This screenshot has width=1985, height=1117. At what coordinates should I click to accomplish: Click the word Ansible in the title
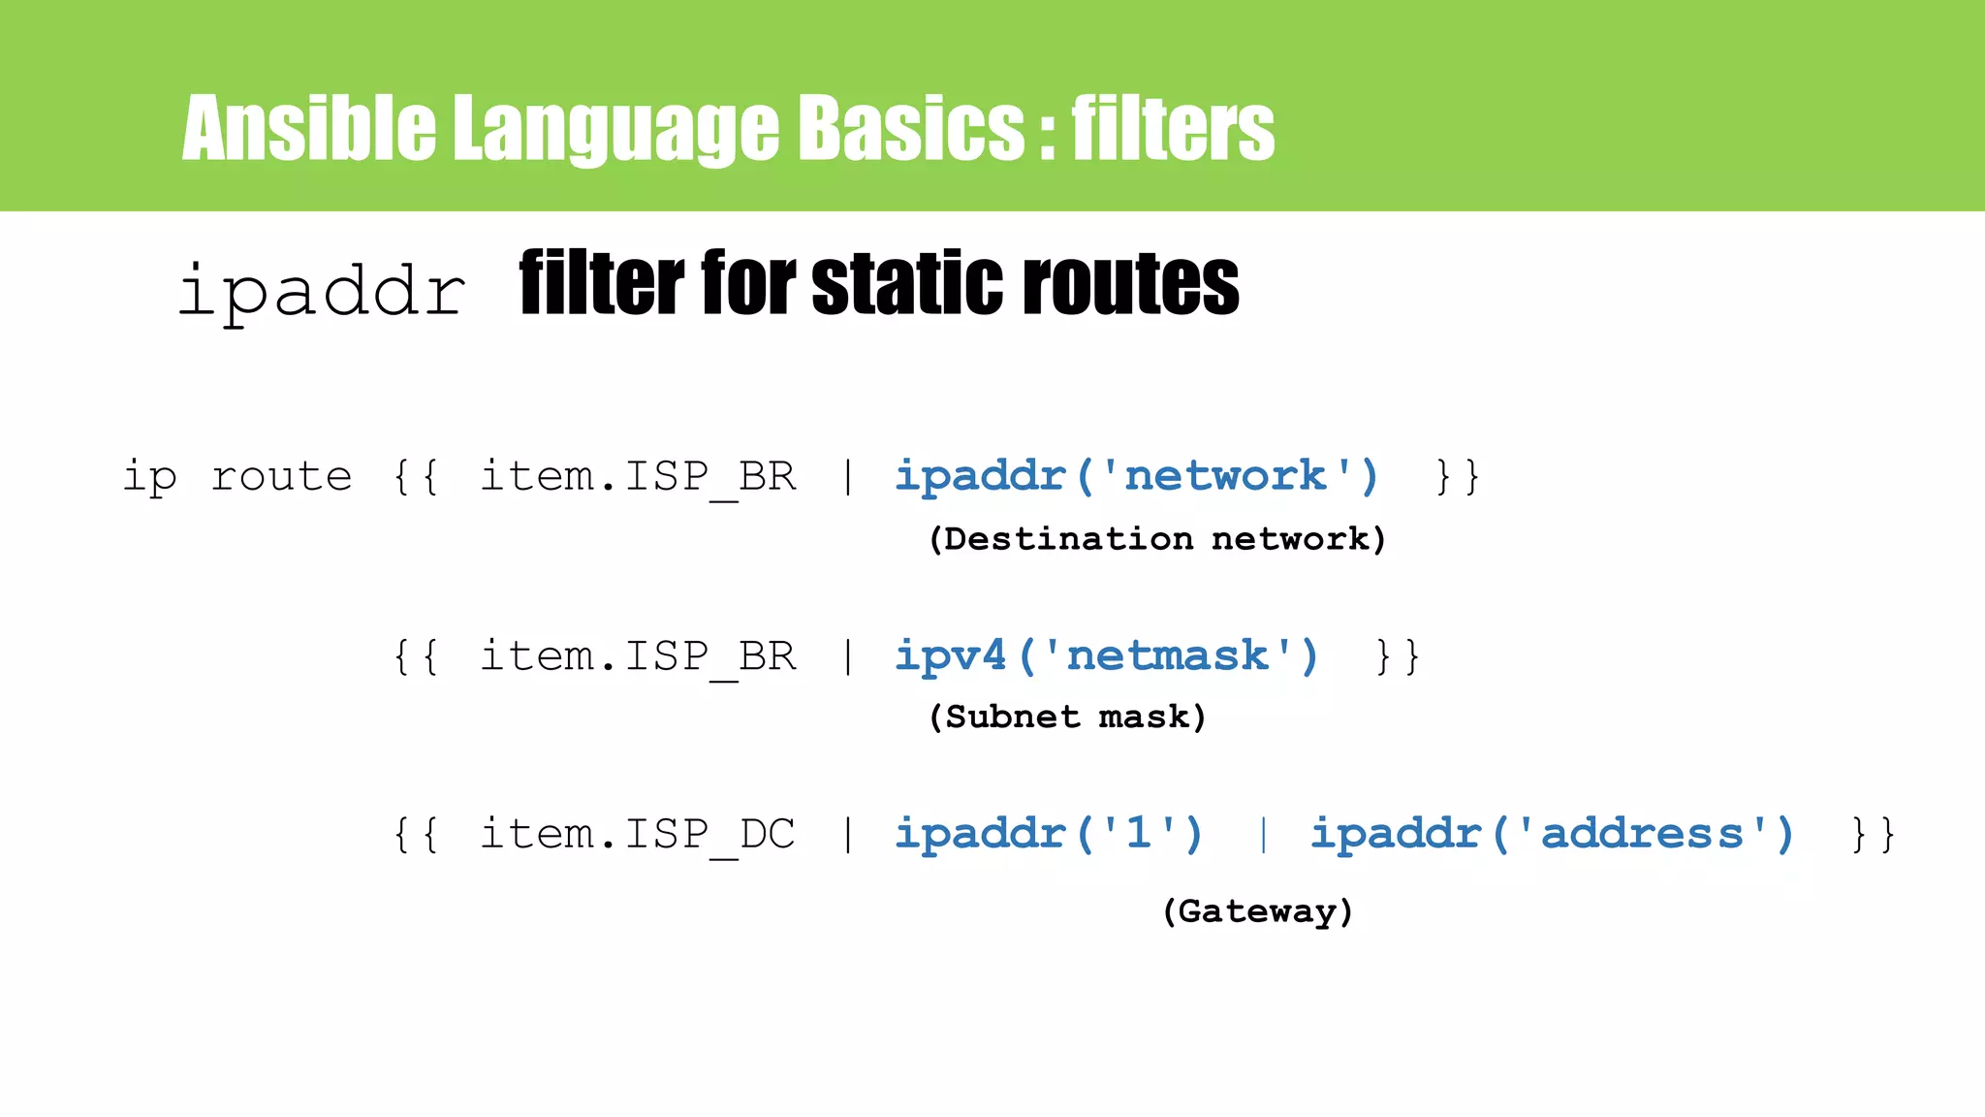tap(308, 128)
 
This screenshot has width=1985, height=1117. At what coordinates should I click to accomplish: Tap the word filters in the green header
tap(1173, 128)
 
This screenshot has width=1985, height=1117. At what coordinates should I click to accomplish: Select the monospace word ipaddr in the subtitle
tap(322, 291)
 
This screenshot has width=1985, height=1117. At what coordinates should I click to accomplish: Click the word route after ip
tap(281, 476)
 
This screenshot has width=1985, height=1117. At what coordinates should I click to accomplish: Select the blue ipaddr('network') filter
tap(1136, 476)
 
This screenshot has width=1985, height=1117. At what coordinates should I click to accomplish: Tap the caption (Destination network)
tap(1157, 538)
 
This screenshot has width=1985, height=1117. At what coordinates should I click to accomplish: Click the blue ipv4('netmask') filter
tap(1106, 656)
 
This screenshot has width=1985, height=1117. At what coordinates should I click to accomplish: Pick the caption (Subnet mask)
tap(1067, 717)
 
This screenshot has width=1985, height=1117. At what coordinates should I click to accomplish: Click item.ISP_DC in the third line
tap(638, 834)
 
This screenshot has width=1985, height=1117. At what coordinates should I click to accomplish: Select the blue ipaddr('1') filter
tap(1049, 834)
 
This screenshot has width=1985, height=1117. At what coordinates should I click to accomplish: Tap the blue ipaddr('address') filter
tap(1552, 834)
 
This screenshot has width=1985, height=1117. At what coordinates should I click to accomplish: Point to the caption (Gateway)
tap(1257, 910)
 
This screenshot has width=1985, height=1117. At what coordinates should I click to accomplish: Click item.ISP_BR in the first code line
tap(638, 476)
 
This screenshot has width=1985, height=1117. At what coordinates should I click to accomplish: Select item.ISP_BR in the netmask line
tap(638, 656)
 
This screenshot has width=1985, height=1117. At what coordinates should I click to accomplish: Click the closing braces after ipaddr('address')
tap(1873, 834)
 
